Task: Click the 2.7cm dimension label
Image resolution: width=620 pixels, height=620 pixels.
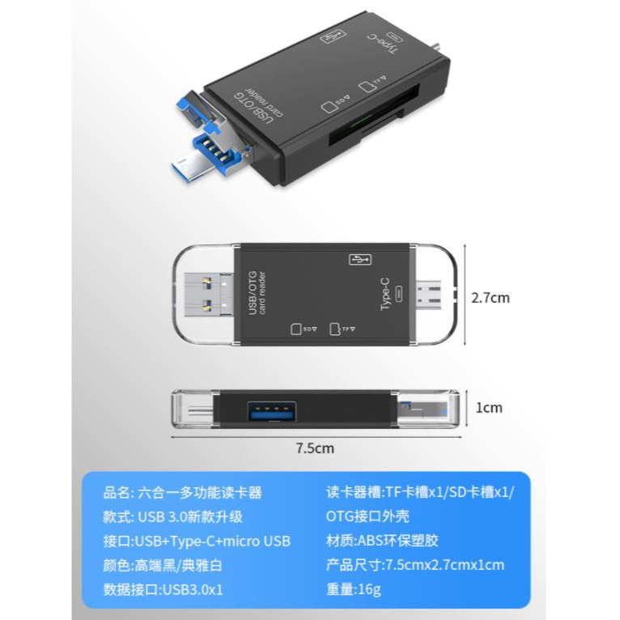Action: point(490,298)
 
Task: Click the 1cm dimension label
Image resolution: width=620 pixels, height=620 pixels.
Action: point(488,407)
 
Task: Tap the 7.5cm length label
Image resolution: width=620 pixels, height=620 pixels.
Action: point(314,448)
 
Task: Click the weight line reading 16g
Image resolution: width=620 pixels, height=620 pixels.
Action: point(354,589)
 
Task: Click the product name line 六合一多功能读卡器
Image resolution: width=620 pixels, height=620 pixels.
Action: point(183,493)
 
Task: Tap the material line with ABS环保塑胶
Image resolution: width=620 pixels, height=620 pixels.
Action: point(382,541)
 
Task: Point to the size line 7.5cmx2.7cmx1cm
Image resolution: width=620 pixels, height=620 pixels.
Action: point(414,565)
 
